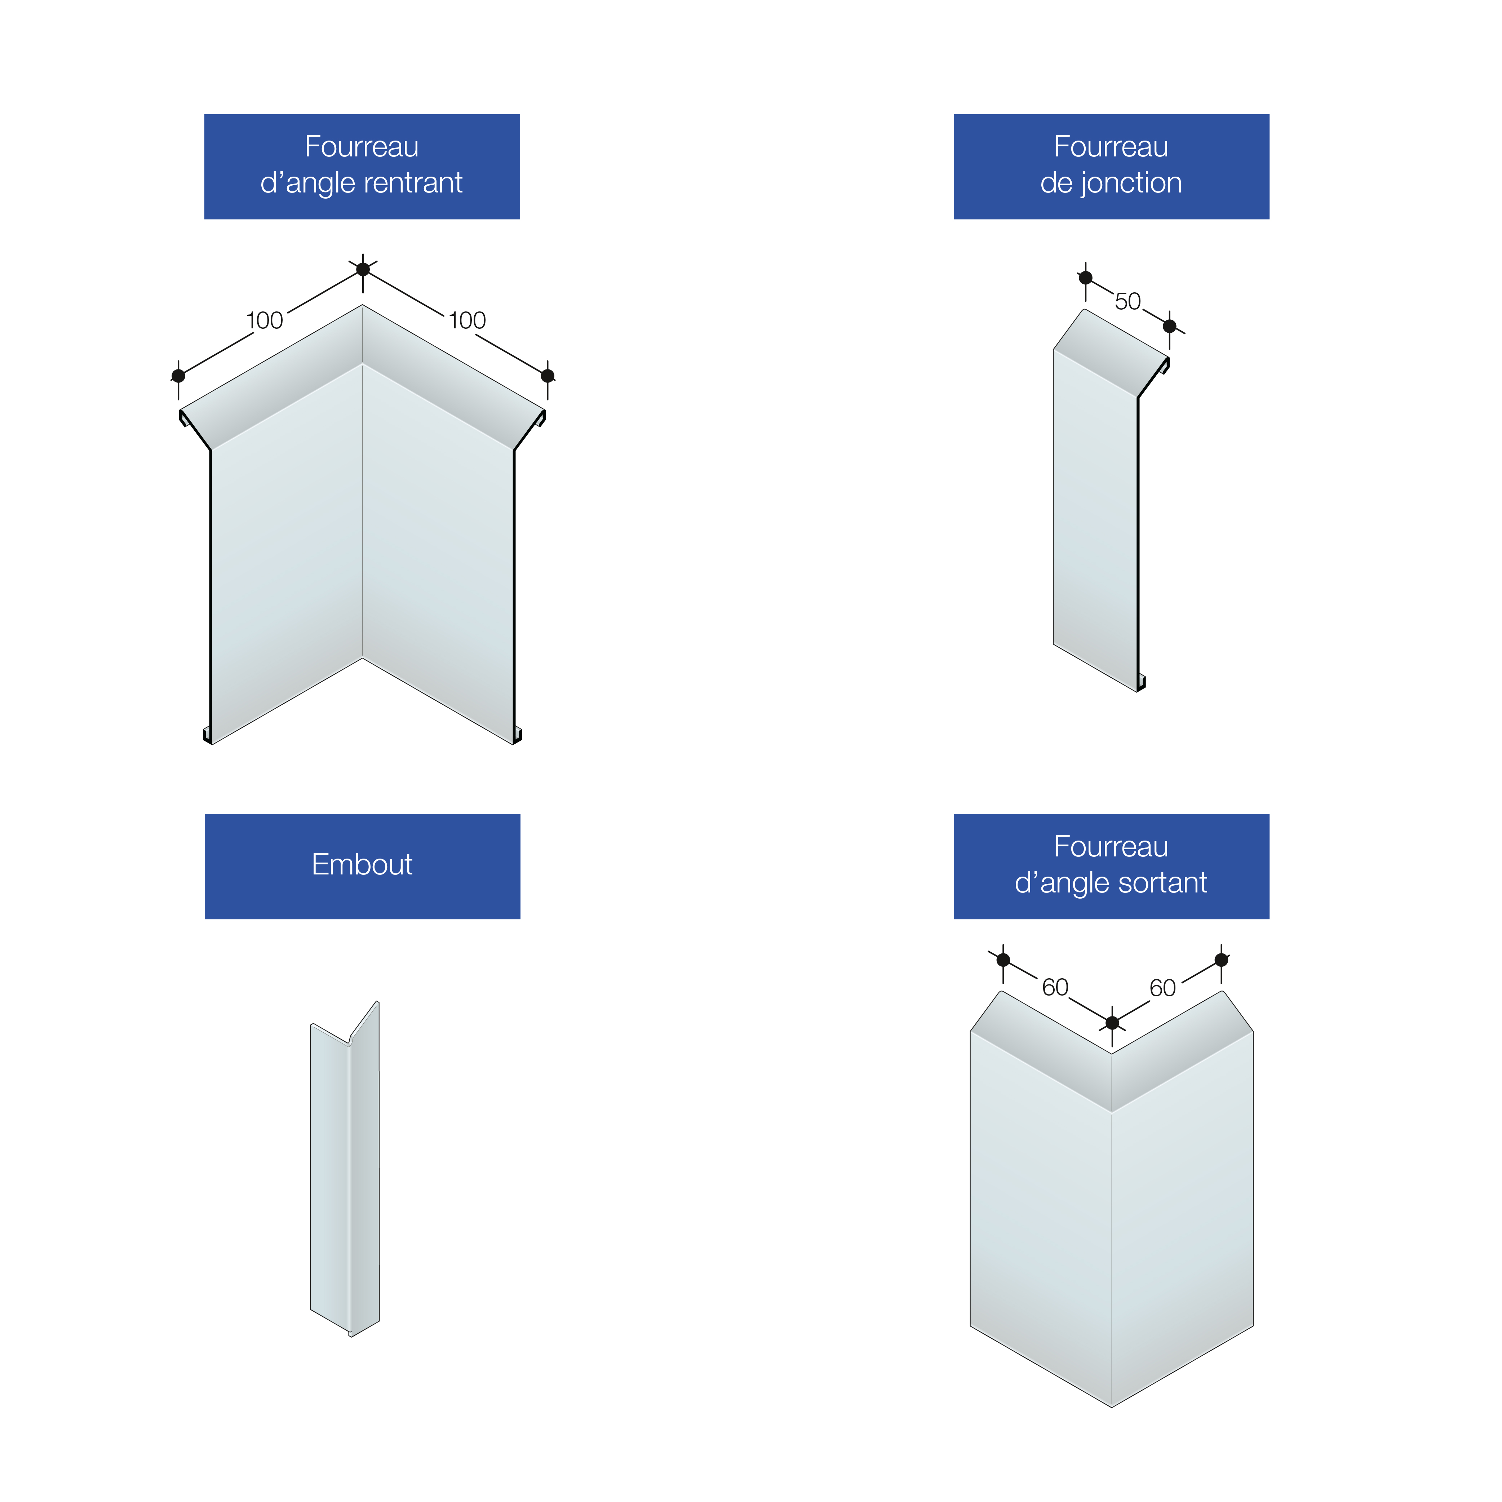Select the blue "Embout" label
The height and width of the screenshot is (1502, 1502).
pos(362,866)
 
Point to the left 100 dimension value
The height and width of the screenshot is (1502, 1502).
pos(264,320)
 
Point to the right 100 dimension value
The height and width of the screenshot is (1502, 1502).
pos(467,320)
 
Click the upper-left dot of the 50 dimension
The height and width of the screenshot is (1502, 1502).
pos(1086,278)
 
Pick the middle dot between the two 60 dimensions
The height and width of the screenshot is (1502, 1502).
pos(1112,1022)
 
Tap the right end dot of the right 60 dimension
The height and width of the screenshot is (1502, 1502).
pos(1221,960)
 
